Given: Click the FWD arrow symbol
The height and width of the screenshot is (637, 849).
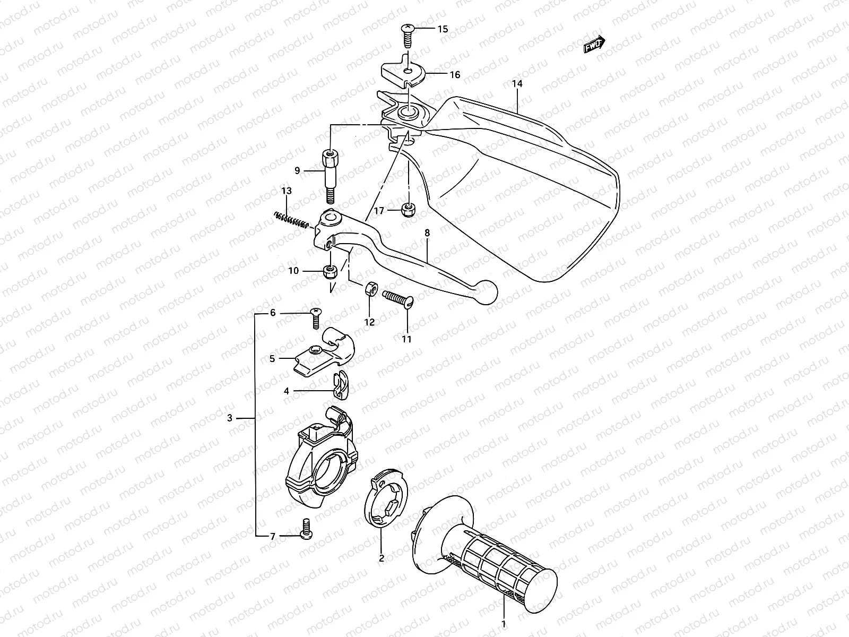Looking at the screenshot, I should tap(594, 46).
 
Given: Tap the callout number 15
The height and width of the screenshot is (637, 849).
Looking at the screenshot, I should tap(442, 29).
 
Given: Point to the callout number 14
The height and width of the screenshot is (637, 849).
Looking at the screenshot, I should tap(517, 84).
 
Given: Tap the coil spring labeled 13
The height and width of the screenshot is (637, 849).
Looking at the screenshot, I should tap(290, 219).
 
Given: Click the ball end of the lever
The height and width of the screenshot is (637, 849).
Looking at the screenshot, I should tap(488, 292).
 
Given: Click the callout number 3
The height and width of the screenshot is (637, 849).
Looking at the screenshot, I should tap(229, 418).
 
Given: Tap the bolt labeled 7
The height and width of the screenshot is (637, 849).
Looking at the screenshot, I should tap(306, 529).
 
